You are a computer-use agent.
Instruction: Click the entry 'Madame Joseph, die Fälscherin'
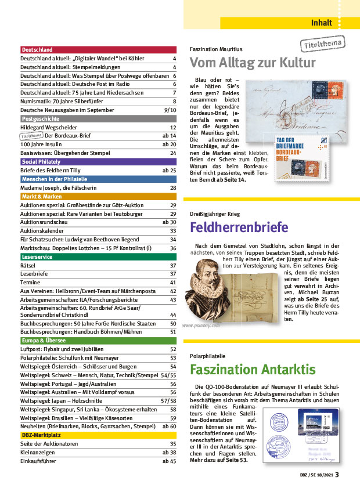click(x=57, y=188)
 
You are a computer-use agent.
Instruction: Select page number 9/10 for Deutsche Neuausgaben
click(x=170, y=110)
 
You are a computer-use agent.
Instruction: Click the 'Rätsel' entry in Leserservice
click(x=28, y=265)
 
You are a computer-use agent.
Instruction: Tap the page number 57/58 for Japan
click(x=168, y=400)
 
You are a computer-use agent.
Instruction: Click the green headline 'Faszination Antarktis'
click(x=253, y=370)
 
